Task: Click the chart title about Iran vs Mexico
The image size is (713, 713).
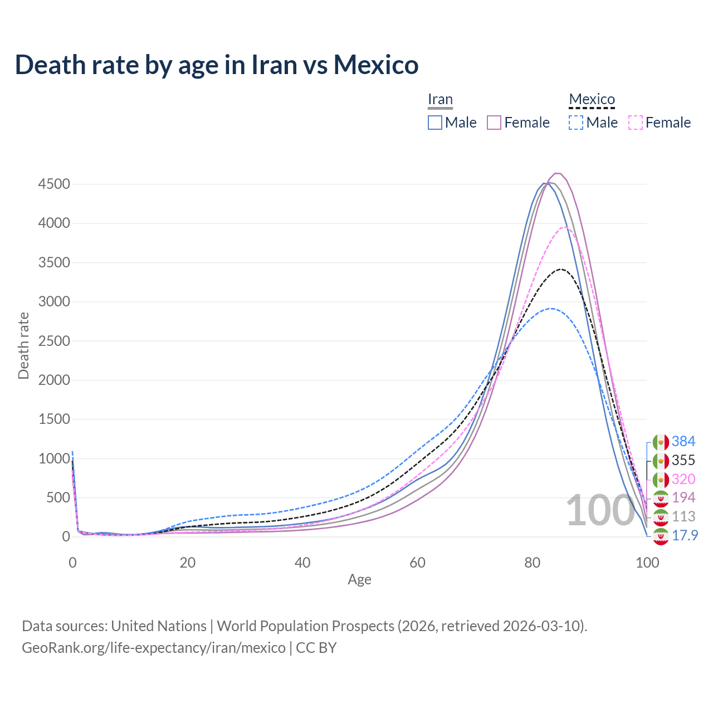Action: tap(217, 65)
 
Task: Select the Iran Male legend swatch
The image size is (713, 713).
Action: tap(435, 123)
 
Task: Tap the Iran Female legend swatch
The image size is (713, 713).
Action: tap(494, 123)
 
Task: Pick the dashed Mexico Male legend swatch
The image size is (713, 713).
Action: tap(576, 123)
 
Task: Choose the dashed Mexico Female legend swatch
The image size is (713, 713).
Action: tap(636, 123)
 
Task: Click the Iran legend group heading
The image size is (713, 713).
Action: tap(440, 100)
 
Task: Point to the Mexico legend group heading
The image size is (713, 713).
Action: tap(592, 100)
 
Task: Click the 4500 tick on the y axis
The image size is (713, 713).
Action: tap(54, 184)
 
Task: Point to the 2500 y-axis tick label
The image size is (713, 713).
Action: tap(54, 341)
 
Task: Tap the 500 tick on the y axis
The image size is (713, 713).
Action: tap(58, 497)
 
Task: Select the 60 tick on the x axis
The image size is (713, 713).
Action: tap(417, 563)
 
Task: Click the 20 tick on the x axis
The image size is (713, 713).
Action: tap(188, 563)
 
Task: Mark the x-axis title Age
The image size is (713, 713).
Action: tap(359, 579)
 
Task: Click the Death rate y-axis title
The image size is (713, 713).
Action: tap(23, 345)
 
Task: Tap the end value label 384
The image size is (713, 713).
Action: tap(683, 442)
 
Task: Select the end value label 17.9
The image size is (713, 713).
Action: tap(685, 536)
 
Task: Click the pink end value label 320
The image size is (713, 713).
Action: tap(683, 479)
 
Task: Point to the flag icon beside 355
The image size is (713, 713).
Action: tap(661, 461)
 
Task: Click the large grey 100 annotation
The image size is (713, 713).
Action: tap(600, 510)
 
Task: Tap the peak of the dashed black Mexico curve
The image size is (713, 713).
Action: tap(561, 269)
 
